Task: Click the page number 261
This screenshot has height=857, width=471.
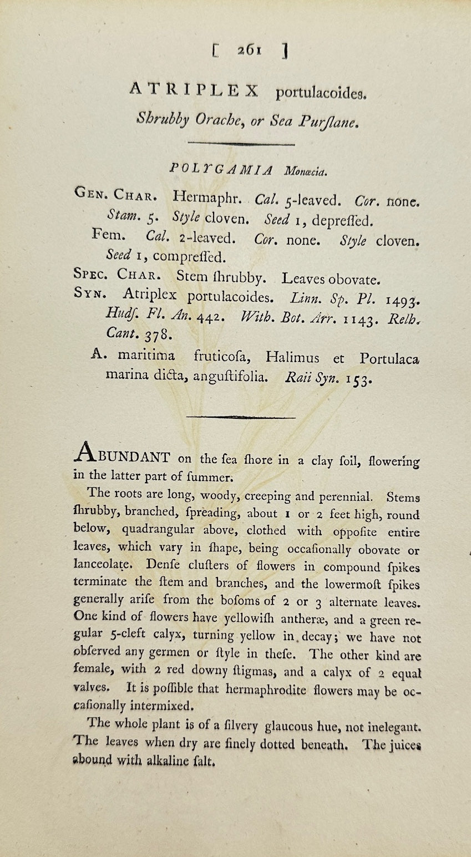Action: coord(249,50)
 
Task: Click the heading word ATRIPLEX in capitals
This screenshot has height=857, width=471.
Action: coord(194,89)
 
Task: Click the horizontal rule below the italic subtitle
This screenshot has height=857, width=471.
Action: coord(241,144)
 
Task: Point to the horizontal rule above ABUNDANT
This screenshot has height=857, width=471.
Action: coord(241,417)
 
